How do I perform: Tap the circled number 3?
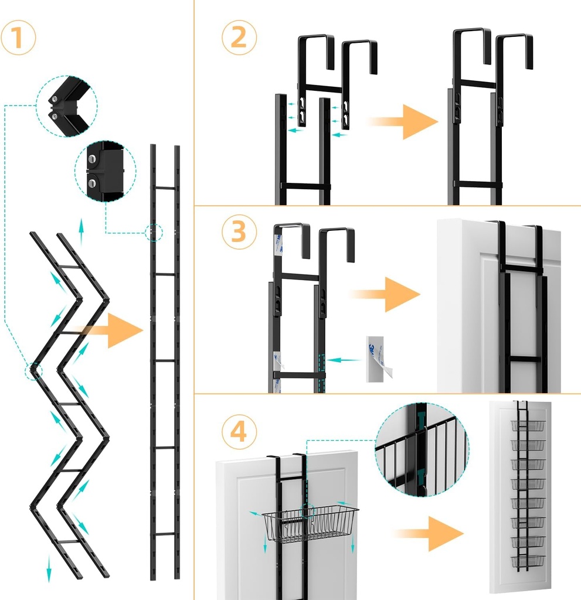(x=239, y=233)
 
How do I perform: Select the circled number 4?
(x=239, y=432)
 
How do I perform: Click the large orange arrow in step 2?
(x=405, y=121)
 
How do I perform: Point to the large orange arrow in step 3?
(x=386, y=294)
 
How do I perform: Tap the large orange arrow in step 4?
(x=430, y=533)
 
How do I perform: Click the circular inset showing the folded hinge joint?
(x=66, y=105)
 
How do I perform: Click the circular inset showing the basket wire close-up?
(x=422, y=449)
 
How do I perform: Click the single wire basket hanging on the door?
(x=310, y=523)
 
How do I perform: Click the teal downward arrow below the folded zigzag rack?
(x=49, y=568)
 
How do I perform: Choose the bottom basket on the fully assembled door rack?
(x=528, y=561)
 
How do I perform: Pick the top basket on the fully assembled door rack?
(x=528, y=425)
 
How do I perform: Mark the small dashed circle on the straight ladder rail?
(x=154, y=233)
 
